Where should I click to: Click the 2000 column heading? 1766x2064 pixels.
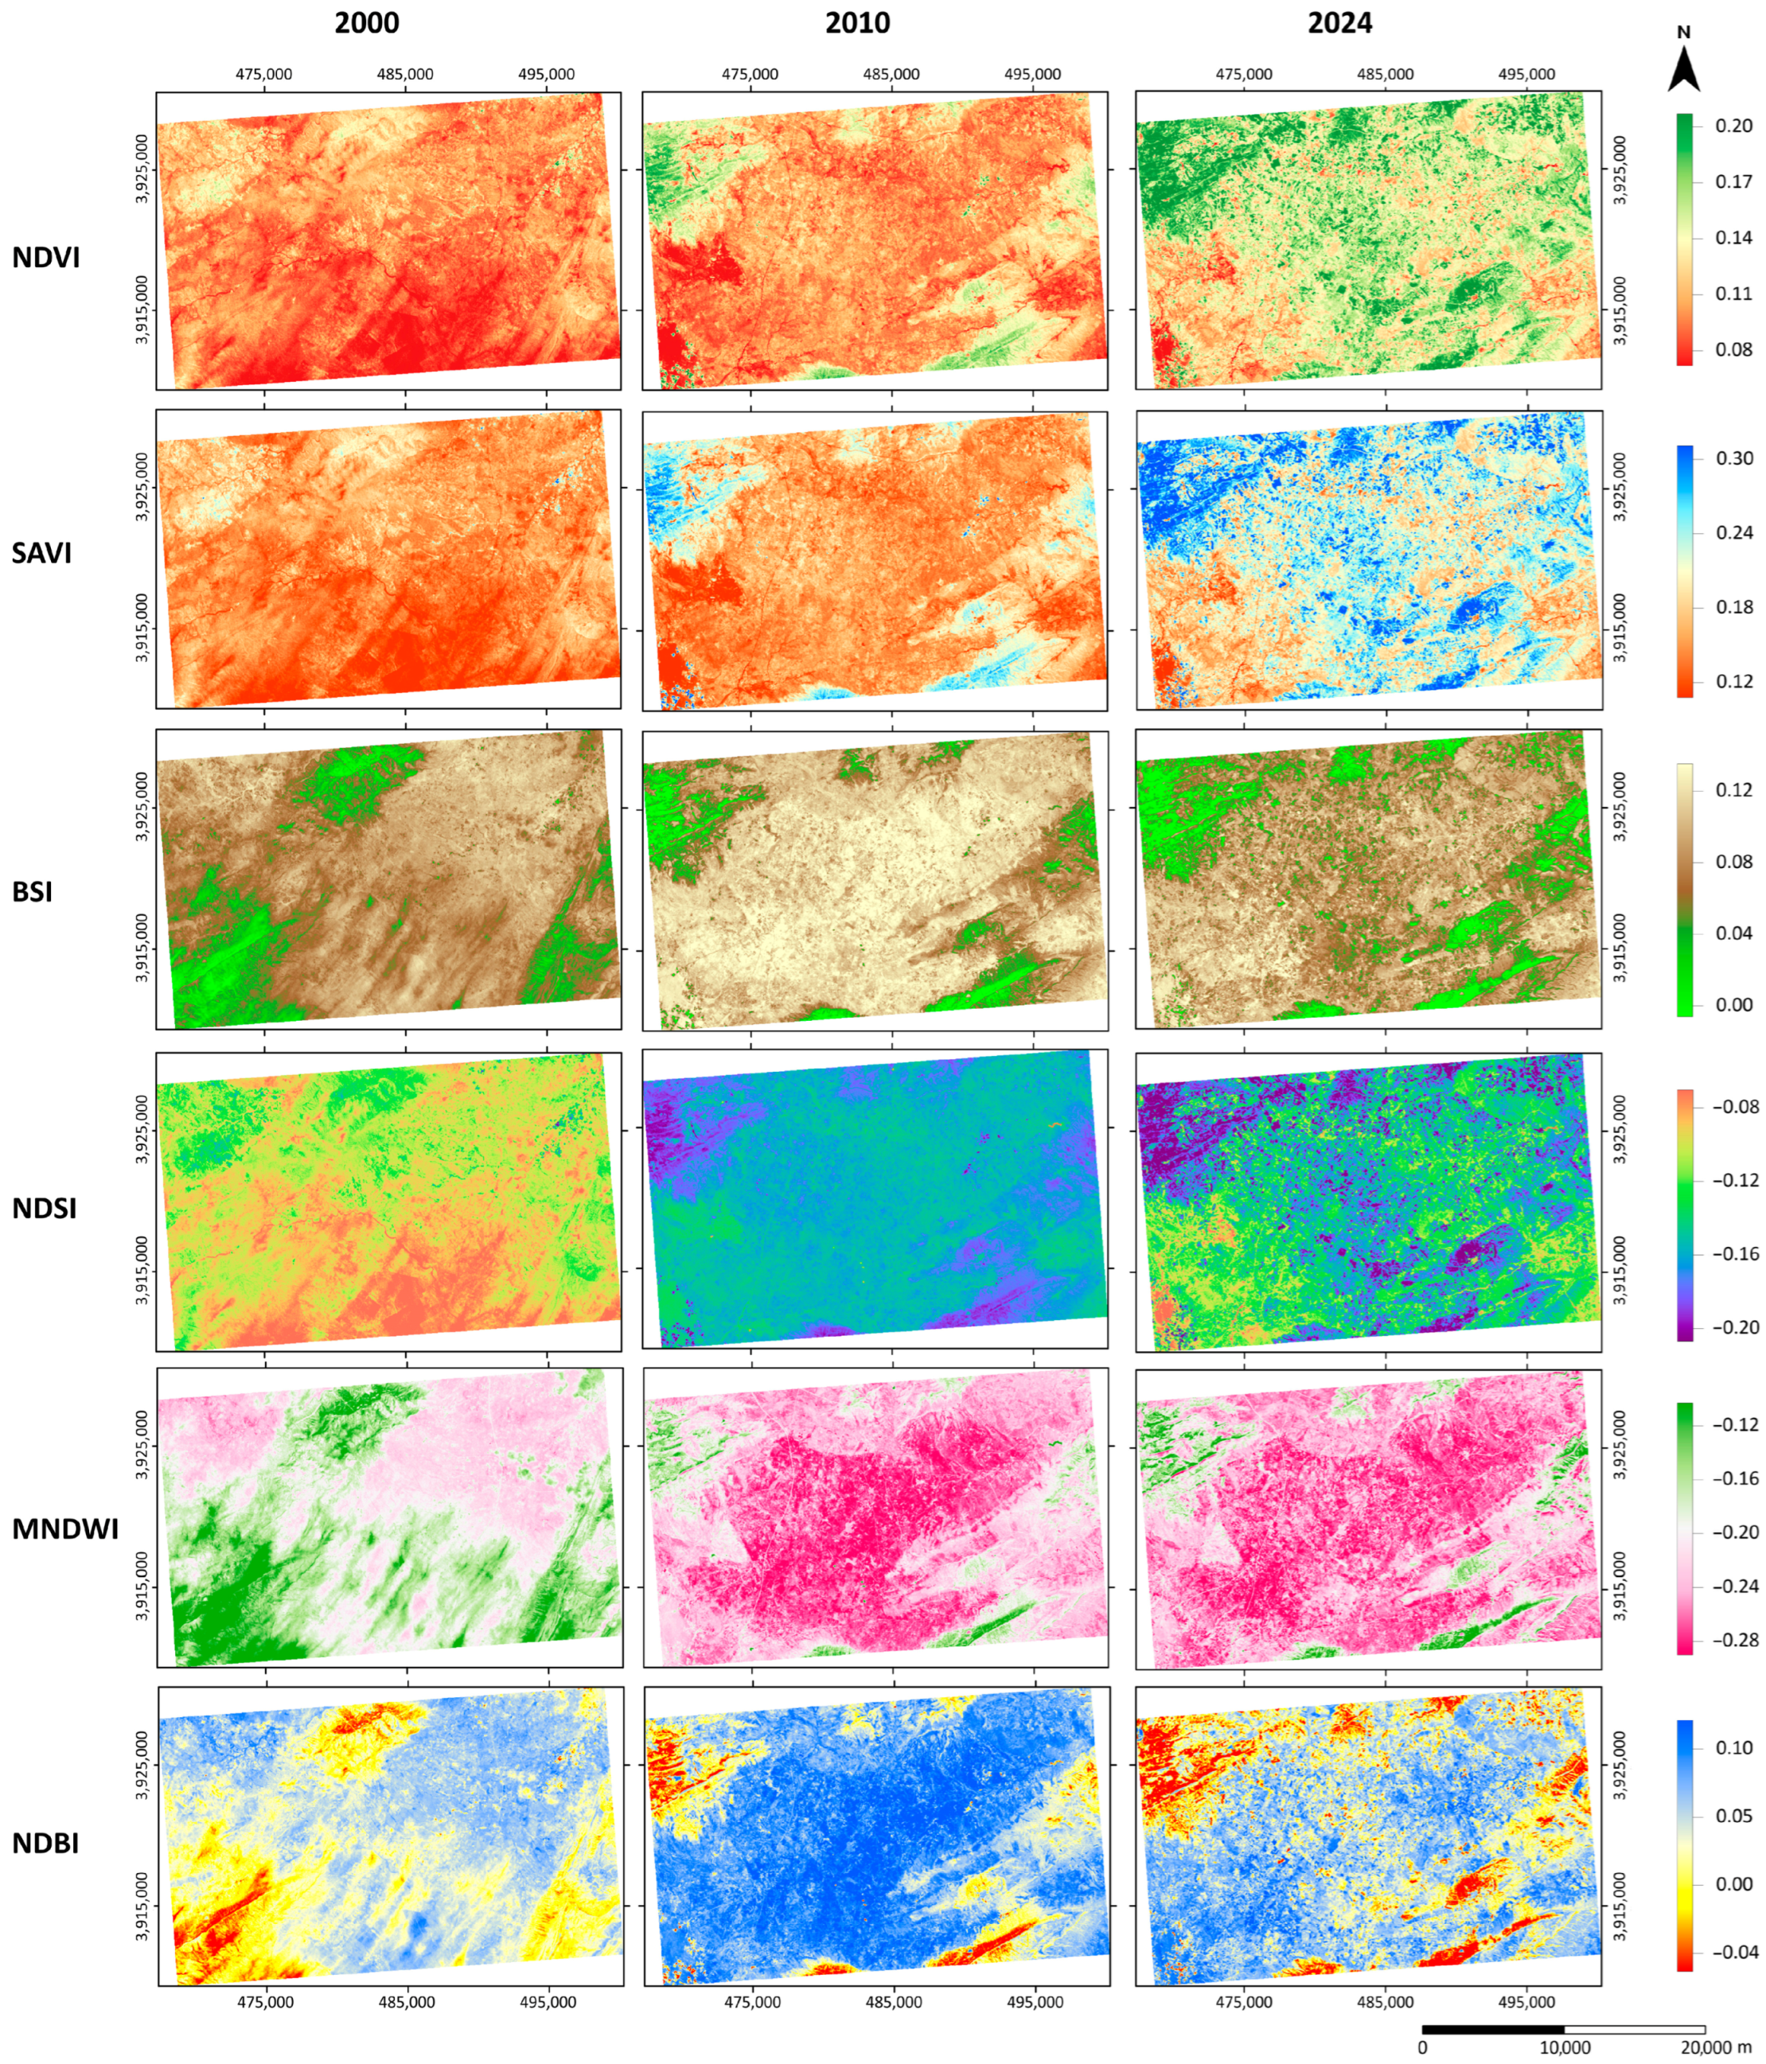click(367, 23)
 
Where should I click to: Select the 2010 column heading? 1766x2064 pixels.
click(857, 23)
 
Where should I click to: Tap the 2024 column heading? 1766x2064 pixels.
click(1339, 23)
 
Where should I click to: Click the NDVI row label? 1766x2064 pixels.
click(46, 257)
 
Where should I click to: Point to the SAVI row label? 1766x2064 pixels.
click(42, 553)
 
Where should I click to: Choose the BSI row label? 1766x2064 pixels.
click(33, 891)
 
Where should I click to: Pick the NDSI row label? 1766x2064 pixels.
click(44, 1209)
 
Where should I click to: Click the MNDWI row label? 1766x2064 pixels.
click(64, 1529)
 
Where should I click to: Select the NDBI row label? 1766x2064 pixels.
click(45, 1843)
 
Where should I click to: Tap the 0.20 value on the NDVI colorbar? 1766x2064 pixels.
click(1733, 126)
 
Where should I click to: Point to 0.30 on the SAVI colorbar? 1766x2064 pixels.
click(1734, 458)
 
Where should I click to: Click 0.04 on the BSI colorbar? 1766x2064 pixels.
click(1733, 933)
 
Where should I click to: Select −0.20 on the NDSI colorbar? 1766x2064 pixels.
click(1735, 1327)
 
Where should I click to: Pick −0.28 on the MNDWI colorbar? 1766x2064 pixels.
click(1735, 1640)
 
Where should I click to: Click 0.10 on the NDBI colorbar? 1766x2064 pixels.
click(1733, 1747)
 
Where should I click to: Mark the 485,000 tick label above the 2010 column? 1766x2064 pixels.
click(891, 75)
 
